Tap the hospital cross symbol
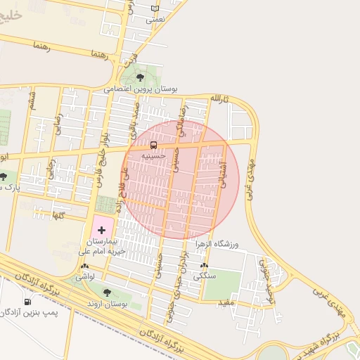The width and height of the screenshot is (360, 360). point(102,230)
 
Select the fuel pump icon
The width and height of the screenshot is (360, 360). point(27,302)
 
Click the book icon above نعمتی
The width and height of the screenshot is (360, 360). point(155,9)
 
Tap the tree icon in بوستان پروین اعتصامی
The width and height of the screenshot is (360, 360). point(140,77)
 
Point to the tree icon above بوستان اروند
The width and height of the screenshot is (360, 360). point(107,292)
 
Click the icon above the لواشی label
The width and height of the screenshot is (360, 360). point(85,266)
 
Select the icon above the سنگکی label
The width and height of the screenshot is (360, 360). point(204,266)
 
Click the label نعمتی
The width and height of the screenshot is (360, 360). point(155,20)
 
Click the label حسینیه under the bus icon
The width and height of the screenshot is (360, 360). point(154,156)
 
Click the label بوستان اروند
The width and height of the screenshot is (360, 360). point(107,304)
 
